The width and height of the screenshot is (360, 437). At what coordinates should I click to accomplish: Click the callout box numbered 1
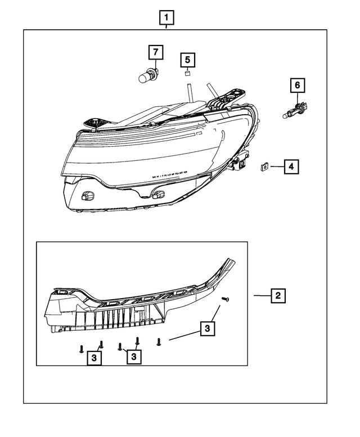[166, 19]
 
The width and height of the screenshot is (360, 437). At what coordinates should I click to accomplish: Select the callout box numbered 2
[277, 295]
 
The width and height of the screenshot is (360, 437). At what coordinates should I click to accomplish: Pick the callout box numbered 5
[187, 59]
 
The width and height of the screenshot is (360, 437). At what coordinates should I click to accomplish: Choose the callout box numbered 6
[298, 85]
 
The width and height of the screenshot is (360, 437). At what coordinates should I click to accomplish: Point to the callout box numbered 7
[155, 53]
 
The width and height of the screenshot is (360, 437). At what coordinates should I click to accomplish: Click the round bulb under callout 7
[147, 75]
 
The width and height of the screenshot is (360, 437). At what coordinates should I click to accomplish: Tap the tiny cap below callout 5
[187, 73]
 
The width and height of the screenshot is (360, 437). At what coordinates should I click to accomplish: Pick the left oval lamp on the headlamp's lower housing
[87, 195]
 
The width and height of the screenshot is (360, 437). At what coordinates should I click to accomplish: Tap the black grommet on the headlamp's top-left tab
[93, 121]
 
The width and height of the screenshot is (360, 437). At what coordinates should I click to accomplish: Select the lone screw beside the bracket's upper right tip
[226, 299]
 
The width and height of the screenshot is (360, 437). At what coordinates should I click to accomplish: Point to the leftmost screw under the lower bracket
[82, 349]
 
